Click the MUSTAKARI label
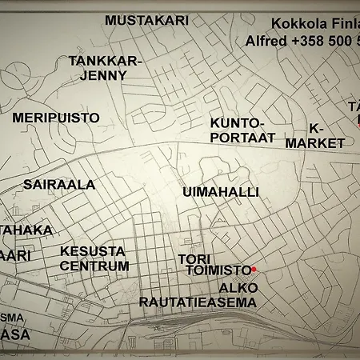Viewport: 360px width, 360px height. [x=147, y=20]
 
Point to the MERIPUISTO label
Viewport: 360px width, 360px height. [x=56, y=118]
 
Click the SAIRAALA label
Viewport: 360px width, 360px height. [x=59, y=184]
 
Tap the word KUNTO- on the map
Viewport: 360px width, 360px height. [x=237, y=122]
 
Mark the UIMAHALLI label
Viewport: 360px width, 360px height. [x=221, y=192]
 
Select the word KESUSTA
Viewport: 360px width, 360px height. [x=93, y=250]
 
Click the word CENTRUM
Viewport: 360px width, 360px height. [x=94, y=266]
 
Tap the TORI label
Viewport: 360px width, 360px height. [x=194, y=259]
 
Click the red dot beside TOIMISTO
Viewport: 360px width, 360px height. [x=254, y=270]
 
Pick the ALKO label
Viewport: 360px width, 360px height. [x=238, y=287]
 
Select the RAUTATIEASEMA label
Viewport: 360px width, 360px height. [x=198, y=302]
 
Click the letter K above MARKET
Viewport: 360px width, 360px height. [x=314, y=128]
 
